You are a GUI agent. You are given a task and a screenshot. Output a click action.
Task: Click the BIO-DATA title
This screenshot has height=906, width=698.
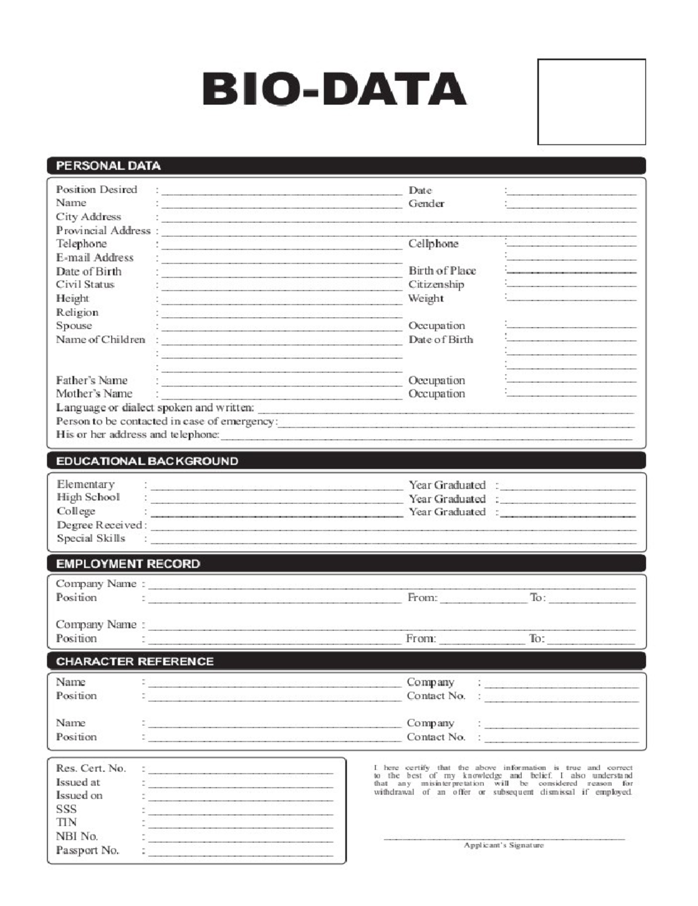pyautogui.click(x=334, y=89)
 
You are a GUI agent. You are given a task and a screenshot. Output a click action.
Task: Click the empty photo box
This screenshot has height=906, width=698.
pyautogui.click(x=591, y=101)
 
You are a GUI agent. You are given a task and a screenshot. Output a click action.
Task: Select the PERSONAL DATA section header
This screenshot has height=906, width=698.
pyautogui.click(x=108, y=166)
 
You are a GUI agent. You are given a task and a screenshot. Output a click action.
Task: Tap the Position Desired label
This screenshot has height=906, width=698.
pyautogui.click(x=97, y=190)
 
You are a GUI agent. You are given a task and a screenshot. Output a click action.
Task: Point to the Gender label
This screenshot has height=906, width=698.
pyautogui.click(x=426, y=204)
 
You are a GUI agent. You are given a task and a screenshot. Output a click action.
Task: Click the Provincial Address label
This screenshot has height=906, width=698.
pyautogui.click(x=103, y=230)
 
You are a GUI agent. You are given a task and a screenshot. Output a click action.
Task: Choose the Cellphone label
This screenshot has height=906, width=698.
pyautogui.click(x=433, y=244)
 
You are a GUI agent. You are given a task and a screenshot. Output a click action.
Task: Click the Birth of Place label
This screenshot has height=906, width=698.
pyautogui.click(x=441, y=271)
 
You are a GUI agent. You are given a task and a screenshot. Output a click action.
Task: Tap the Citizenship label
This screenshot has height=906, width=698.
pyautogui.click(x=436, y=285)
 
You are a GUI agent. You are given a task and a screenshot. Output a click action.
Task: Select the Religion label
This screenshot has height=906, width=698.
pyautogui.click(x=77, y=312)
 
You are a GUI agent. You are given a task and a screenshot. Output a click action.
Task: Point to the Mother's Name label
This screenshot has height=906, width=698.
pyautogui.click(x=94, y=394)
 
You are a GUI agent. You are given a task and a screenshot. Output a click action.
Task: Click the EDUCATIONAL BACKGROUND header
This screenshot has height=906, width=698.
pyautogui.click(x=147, y=461)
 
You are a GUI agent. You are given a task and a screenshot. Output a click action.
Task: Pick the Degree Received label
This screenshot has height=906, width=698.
pyautogui.click(x=99, y=525)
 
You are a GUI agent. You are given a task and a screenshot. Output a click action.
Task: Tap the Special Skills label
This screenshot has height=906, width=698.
pyautogui.click(x=91, y=538)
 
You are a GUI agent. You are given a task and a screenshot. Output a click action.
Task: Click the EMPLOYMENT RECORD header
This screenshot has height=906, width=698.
pyautogui.click(x=128, y=564)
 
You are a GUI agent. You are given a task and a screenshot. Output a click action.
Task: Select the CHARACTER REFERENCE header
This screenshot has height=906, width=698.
pyautogui.click(x=135, y=662)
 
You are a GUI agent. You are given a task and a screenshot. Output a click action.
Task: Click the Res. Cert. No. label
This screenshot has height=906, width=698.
pyautogui.click(x=91, y=769)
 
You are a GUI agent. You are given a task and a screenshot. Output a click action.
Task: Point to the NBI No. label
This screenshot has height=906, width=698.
pyautogui.click(x=77, y=837)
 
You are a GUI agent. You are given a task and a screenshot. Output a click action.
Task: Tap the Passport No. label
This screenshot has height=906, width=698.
pyautogui.click(x=87, y=851)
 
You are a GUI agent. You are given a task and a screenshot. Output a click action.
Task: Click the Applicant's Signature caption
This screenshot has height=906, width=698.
pyautogui.click(x=503, y=845)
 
